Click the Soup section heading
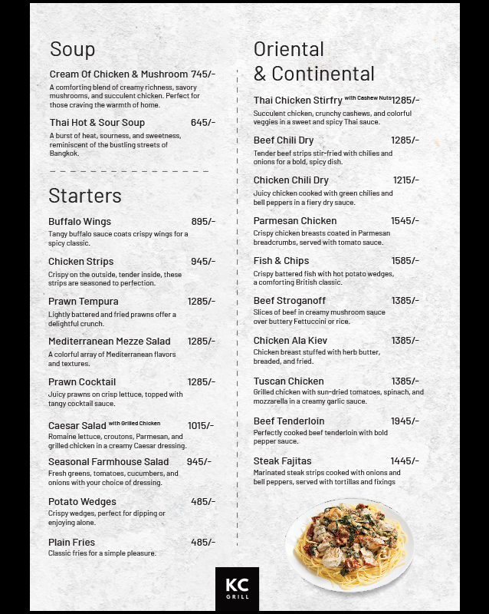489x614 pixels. coord(72,50)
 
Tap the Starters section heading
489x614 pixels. coord(84,196)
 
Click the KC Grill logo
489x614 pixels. coord(237,589)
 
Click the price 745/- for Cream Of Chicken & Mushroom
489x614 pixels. coord(203,74)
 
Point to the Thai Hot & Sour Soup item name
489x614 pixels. coord(97,123)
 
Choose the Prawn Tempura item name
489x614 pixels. coord(83,302)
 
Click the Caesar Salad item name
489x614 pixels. coord(77,426)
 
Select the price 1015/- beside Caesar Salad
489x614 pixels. coord(201,426)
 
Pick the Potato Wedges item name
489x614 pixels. coord(82,502)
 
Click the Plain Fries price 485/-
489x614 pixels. coord(203,542)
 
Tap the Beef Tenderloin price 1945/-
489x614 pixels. coord(405,421)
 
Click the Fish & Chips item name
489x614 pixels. coord(281,261)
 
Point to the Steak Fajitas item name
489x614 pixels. coord(282,461)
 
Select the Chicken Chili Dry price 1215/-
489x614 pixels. coord(405,180)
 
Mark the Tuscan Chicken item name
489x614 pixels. coord(288,381)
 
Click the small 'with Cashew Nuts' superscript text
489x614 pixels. coord(367,98)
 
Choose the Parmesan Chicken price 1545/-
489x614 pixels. coord(405,221)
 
